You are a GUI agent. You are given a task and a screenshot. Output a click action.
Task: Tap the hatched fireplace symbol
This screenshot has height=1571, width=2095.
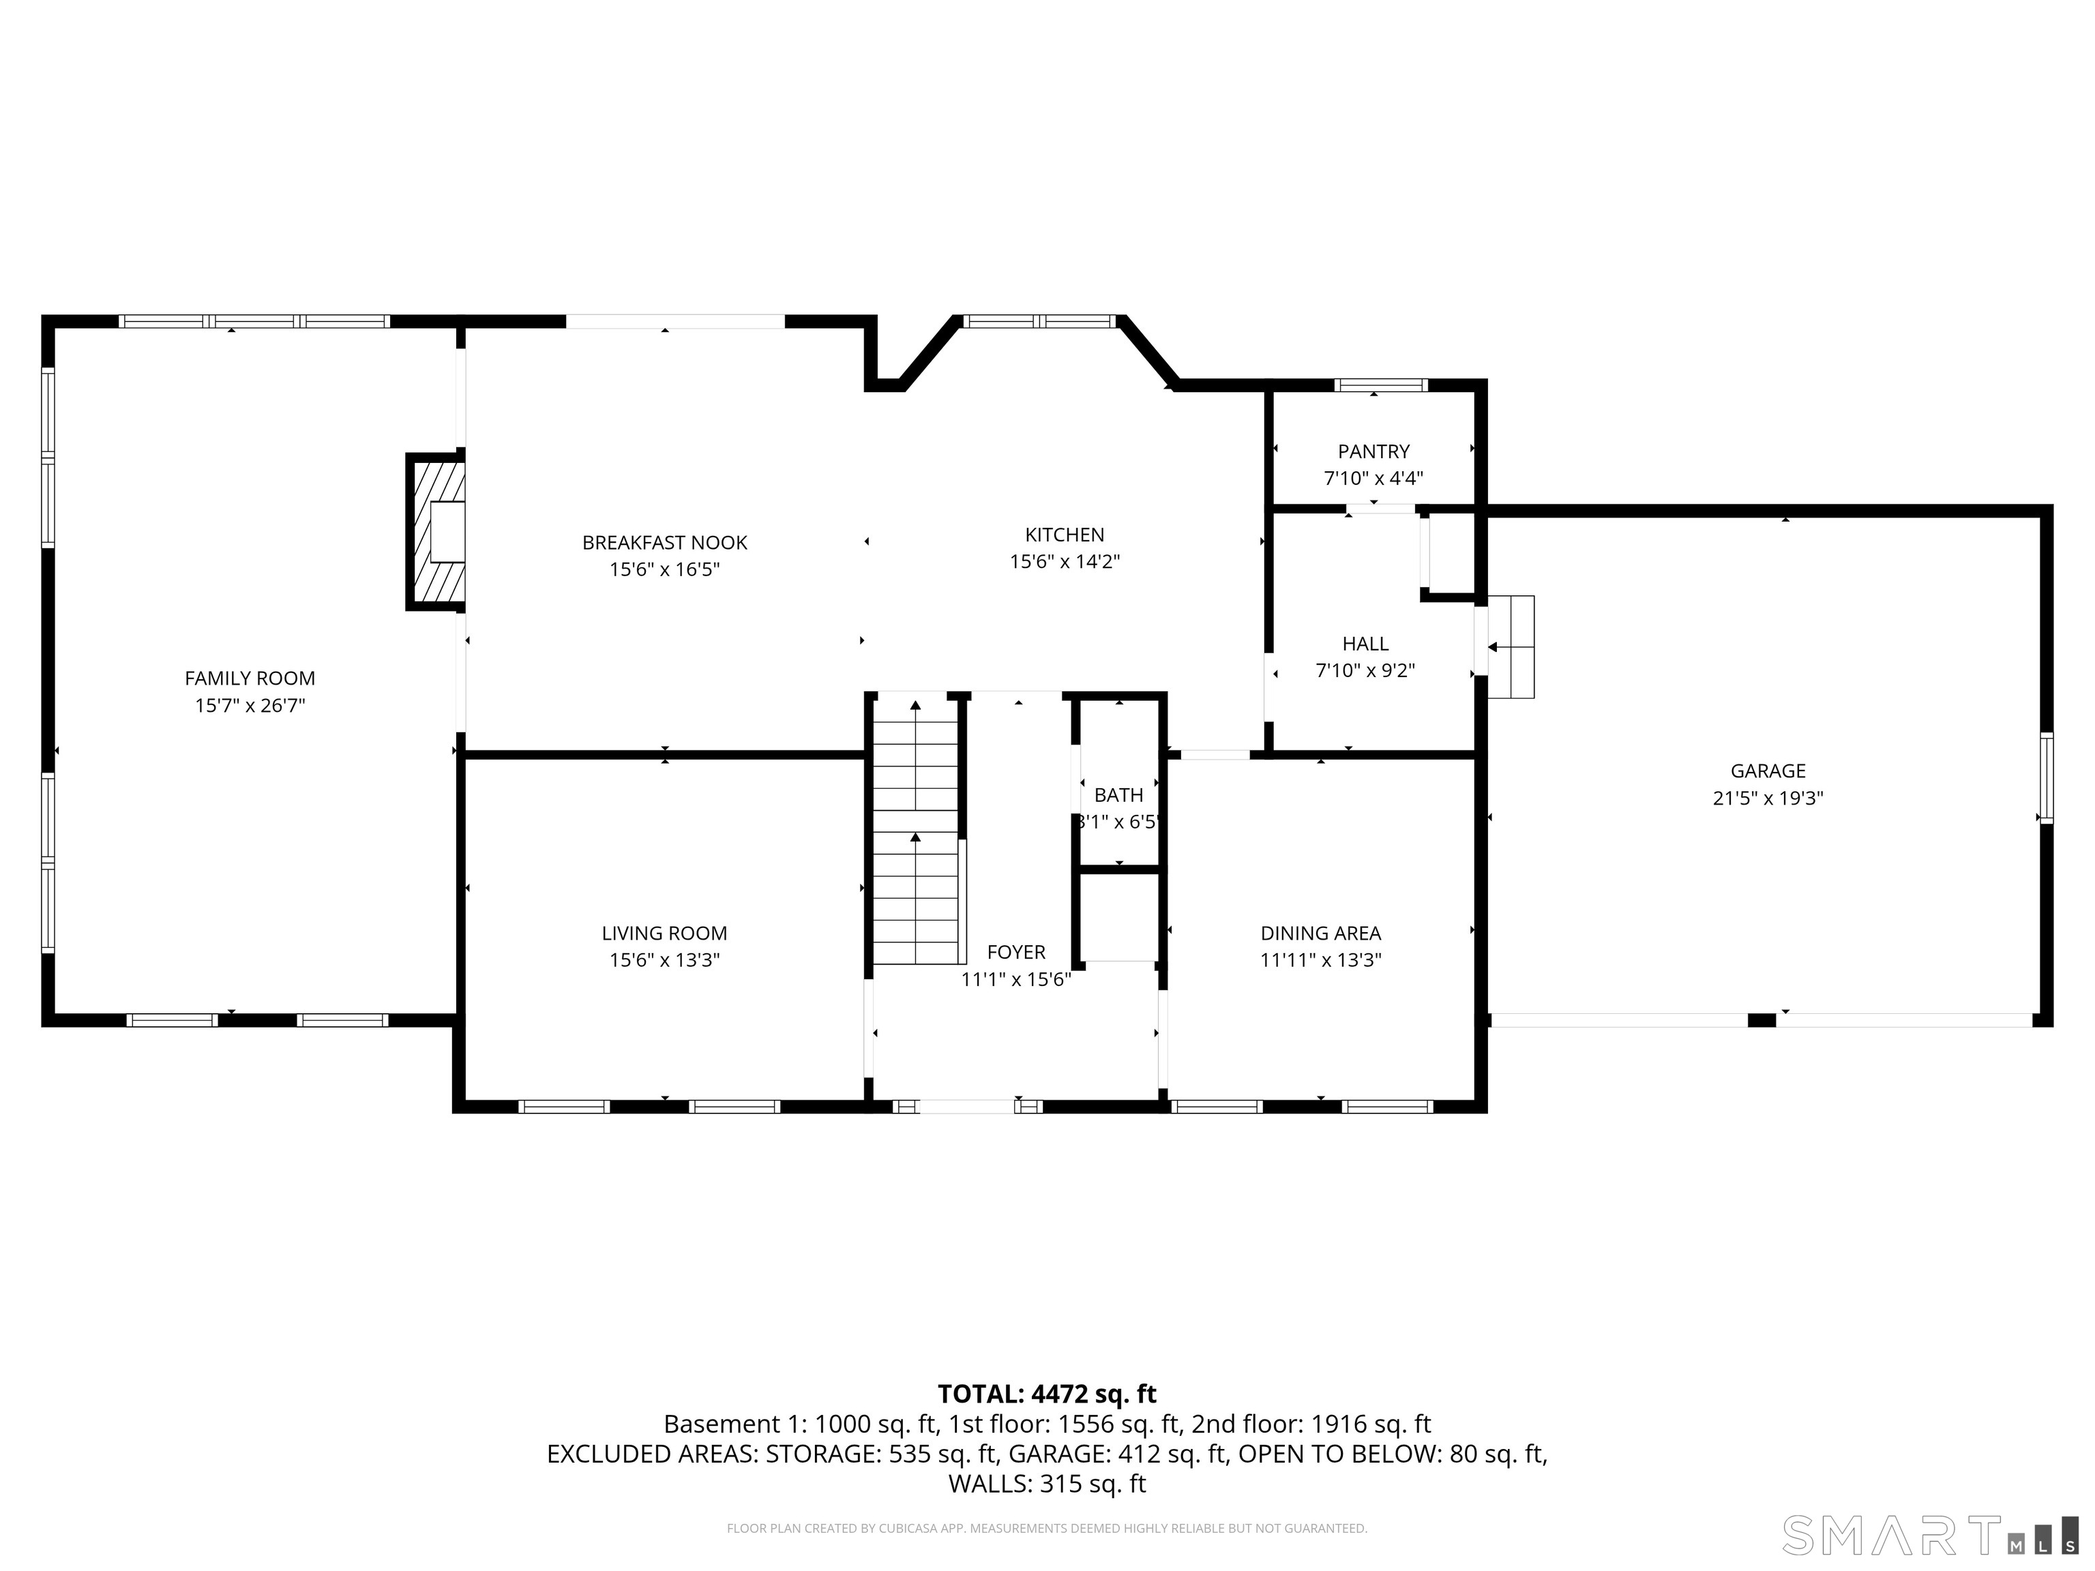436,532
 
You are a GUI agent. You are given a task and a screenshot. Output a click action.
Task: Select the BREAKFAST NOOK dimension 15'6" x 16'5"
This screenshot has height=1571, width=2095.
664,569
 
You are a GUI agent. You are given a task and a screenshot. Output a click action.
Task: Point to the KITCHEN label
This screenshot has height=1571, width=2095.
1065,534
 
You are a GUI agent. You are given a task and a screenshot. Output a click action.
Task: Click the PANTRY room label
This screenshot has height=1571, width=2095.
1373,451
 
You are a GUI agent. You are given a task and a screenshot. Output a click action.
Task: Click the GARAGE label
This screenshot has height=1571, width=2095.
1767,770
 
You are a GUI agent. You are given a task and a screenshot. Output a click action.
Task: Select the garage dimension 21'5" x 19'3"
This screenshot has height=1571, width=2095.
1767,797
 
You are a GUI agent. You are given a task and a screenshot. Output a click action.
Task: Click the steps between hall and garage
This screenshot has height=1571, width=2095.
1510,647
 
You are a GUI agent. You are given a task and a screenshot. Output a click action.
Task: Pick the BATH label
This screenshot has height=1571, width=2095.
1118,794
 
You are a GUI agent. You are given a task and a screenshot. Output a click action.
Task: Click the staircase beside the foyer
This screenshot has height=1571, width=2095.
915,833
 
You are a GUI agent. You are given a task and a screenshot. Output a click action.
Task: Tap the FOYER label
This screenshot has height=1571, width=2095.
1016,952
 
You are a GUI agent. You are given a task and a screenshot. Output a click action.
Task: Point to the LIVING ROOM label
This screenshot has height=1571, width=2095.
664,933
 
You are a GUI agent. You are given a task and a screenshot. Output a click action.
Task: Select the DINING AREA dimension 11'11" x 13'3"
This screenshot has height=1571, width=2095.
1320,959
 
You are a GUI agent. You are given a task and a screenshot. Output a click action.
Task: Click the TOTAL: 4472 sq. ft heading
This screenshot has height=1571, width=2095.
1047,1394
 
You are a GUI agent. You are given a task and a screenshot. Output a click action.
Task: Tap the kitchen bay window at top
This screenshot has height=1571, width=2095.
1040,321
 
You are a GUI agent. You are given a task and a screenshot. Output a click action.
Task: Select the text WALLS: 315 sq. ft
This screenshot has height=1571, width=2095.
1047,1484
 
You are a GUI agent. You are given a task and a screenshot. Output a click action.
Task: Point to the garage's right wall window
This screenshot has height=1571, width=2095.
2046,777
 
